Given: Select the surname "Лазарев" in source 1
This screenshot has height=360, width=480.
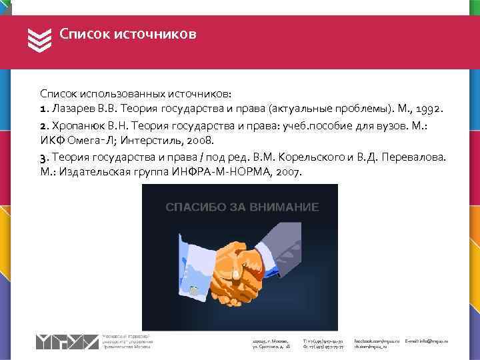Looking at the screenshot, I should (71, 108).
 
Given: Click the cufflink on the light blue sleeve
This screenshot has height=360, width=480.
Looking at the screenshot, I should (192, 289).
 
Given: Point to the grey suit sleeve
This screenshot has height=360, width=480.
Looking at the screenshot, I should (293, 247).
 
